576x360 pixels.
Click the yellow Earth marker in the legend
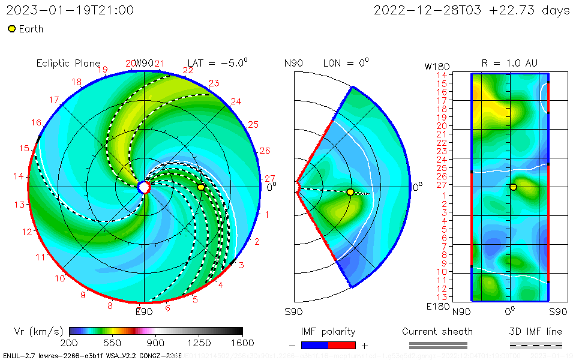coord(11,29)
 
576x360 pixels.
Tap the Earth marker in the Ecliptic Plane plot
coord(201,187)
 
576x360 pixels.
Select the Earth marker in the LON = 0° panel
coord(350,192)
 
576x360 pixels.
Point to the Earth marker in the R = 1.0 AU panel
coord(513,187)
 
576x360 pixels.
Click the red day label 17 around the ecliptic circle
coord(54,100)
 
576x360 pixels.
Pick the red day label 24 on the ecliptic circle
coord(236,101)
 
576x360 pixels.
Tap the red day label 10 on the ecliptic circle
coord(60,278)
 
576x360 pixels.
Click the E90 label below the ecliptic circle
coord(144,311)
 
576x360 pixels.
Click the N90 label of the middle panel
coord(293,63)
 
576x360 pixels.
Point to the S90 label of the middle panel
coord(293,311)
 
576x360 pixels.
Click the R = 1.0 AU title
coord(509,63)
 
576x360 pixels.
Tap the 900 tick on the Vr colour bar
coord(156,343)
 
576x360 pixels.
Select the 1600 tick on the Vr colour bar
coord(242,343)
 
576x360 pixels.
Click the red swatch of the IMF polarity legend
coord(342,345)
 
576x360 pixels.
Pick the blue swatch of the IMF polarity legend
coord(314,345)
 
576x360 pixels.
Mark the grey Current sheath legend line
coord(437,345)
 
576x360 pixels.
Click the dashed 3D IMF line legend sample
coord(536,345)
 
